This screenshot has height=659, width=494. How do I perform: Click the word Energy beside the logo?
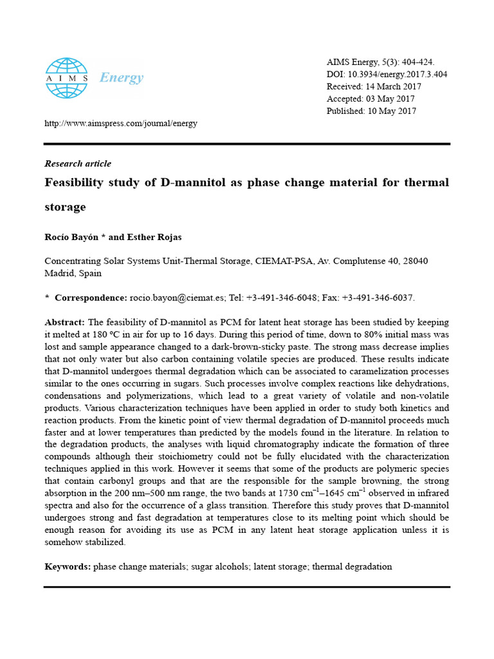(122, 78)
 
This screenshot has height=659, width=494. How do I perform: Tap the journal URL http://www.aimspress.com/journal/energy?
(120, 123)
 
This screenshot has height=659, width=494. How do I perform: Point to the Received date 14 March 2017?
(393, 86)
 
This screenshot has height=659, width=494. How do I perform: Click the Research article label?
(78, 163)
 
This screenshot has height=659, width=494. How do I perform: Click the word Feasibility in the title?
(75, 183)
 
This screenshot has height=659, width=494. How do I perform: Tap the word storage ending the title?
(65, 207)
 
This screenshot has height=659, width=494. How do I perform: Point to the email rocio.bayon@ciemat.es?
(177, 297)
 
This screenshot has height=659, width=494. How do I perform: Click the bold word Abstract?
(64, 322)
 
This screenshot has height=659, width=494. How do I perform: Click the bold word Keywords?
(68, 566)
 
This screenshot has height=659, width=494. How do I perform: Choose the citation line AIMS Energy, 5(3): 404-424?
(381, 62)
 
